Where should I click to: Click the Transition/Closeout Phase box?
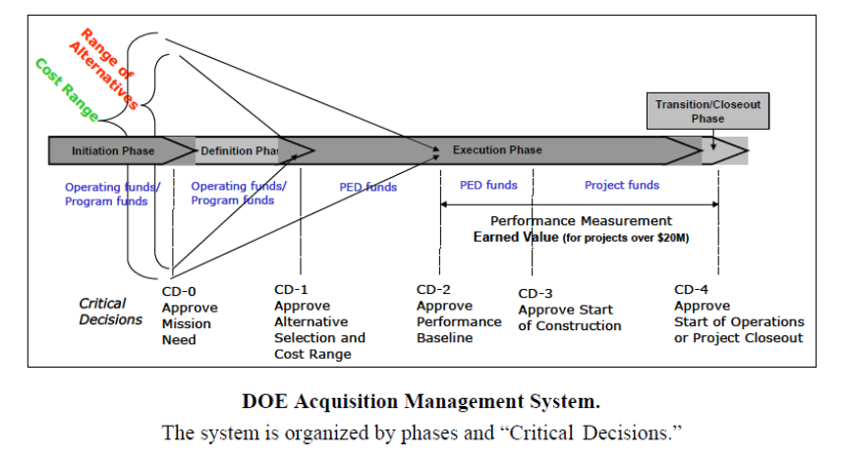(x=707, y=111)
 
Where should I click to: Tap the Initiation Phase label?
(x=113, y=150)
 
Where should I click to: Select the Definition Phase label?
(x=240, y=150)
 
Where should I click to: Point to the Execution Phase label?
(x=497, y=149)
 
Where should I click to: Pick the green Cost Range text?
(x=67, y=89)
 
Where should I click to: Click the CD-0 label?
(x=179, y=292)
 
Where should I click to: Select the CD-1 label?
(x=291, y=290)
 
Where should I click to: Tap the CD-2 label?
(x=433, y=290)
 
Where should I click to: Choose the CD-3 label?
(x=536, y=293)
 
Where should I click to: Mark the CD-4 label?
(x=692, y=290)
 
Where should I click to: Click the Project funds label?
(x=622, y=186)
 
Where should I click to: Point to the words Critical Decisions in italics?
(x=111, y=312)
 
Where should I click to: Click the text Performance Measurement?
(x=582, y=221)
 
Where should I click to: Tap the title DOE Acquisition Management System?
(x=422, y=401)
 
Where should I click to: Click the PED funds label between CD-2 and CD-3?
(x=488, y=186)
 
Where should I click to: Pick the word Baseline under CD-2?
(x=444, y=338)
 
